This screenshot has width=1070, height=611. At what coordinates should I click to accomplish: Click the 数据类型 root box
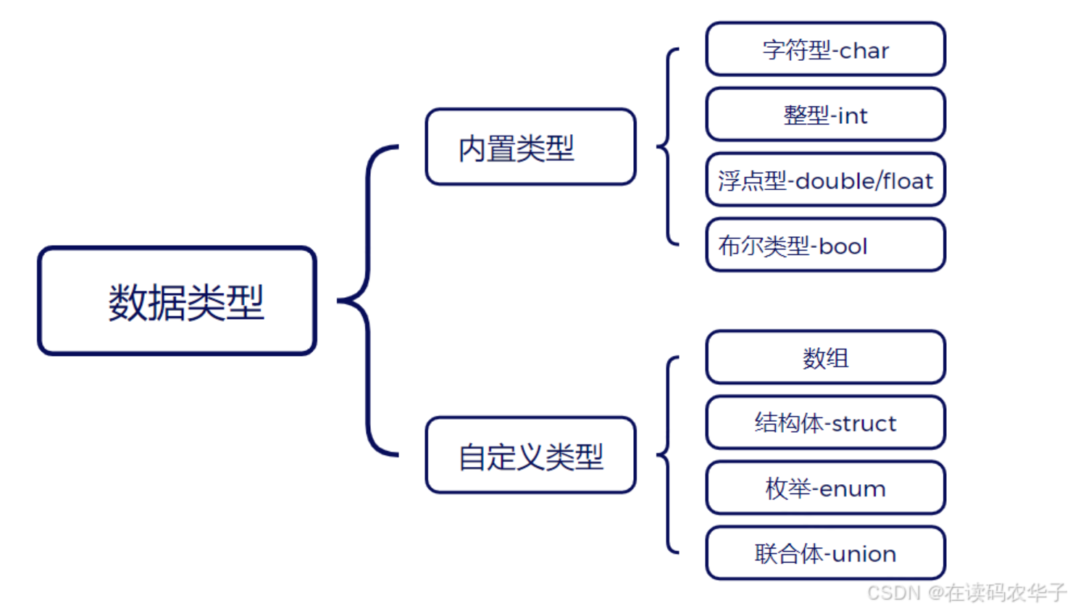coord(177,301)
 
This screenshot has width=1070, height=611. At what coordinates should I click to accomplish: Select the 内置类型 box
coord(530,147)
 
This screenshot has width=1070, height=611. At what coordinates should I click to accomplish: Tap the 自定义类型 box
coord(530,455)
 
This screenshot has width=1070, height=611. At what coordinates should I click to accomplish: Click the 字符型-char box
coord(825,49)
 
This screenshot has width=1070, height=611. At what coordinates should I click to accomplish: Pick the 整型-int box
coord(825,115)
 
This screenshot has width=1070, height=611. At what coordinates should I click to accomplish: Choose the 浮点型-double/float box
coord(825,180)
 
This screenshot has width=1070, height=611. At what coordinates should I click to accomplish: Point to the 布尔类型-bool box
coord(825,245)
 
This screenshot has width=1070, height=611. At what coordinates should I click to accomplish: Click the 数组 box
coord(825,357)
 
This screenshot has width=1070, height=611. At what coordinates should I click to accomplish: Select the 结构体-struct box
coord(825,423)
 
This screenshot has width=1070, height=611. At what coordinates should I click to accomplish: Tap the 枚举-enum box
coord(825,488)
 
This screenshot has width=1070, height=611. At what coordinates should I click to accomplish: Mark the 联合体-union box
coord(825,553)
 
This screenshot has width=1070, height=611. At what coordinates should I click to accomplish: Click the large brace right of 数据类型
coord(367,300)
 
